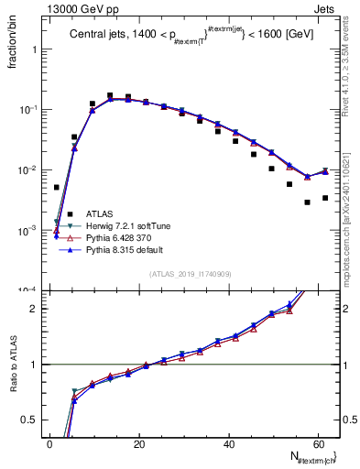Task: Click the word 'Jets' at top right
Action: click(328, 7)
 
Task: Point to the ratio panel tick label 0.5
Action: click(31, 420)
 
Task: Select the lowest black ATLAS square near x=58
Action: click(308, 202)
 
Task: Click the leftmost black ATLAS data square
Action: click(57, 187)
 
